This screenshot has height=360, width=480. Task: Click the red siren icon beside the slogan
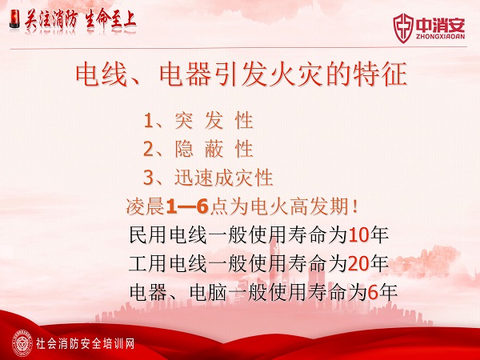click(14, 19)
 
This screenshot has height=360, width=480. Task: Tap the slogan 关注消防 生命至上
click(80, 20)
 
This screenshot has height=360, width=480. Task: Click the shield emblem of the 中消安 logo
click(403, 28)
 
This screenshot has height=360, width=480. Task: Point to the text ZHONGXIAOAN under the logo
click(440, 37)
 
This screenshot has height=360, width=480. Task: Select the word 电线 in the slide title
click(102, 74)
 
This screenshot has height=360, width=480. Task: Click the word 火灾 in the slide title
click(294, 74)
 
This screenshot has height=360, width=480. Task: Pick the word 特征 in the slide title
click(379, 74)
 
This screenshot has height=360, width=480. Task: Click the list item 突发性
click(214, 121)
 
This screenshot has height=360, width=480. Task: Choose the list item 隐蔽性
click(214, 150)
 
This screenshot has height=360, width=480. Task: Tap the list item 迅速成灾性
click(224, 178)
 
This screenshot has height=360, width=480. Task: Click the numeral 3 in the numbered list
click(148, 178)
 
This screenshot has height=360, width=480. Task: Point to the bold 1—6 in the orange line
click(187, 206)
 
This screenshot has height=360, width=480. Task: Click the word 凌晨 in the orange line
click(146, 206)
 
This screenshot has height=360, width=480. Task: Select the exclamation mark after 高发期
click(354, 207)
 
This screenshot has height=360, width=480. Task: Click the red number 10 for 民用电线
click(358, 235)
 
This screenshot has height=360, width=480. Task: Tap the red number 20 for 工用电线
click(358, 264)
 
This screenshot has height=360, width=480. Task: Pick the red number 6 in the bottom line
click(373, 293)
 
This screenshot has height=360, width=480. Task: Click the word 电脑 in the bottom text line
click(208, 292)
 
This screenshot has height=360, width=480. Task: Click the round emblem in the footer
click(22, 343)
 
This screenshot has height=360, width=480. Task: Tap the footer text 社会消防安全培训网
click(85, 344)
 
